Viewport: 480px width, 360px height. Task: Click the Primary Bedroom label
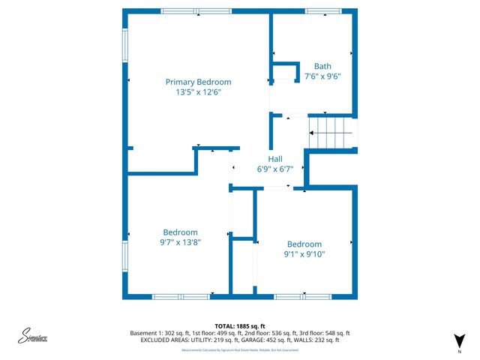click(x=198, y=82)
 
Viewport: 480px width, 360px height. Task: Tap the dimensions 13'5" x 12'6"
click(x=198, y=91)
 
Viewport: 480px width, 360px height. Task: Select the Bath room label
click(x=322, y=66)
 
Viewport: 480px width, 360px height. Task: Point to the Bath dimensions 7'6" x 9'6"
click(x=322, y=76)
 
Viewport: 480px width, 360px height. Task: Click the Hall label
click(x=275, y=159)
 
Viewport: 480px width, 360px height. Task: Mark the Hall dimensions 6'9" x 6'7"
click(x=275, y=169)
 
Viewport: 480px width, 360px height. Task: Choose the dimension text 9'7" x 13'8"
click(x=180, y=242)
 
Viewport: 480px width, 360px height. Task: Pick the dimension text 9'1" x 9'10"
click(x=304, y=254)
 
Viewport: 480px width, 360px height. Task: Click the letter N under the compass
click(x=459, y=351)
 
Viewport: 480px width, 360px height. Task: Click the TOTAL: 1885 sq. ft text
click(x=240, y=325)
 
